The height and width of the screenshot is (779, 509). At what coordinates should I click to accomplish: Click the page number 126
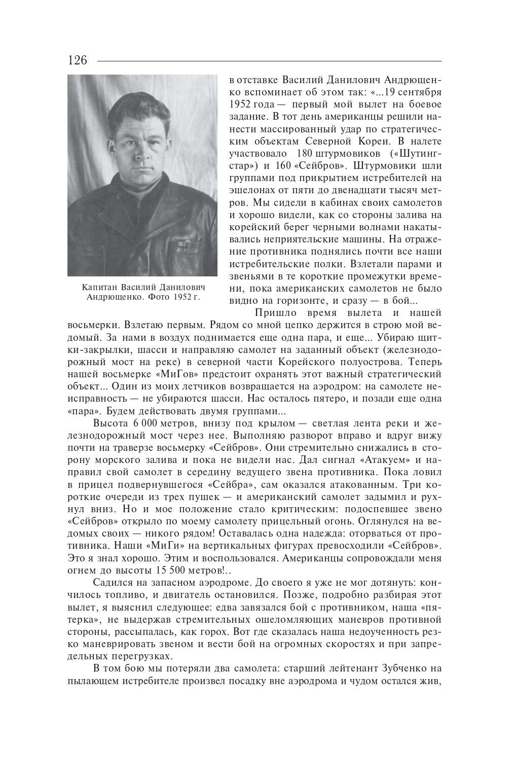77,60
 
